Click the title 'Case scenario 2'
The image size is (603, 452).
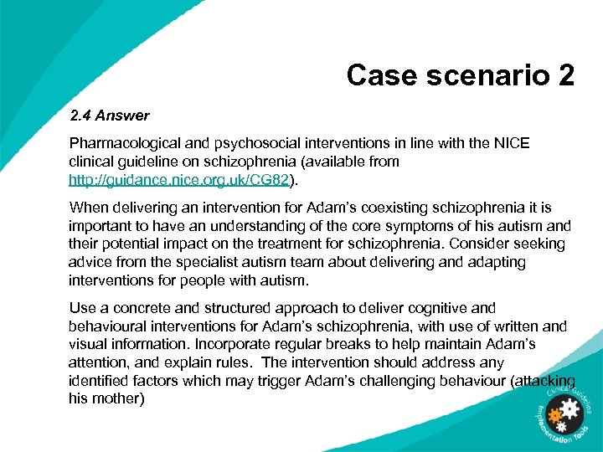point(460,75)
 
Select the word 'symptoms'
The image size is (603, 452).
point(387,225)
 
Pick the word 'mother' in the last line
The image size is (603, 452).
point(120,399)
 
